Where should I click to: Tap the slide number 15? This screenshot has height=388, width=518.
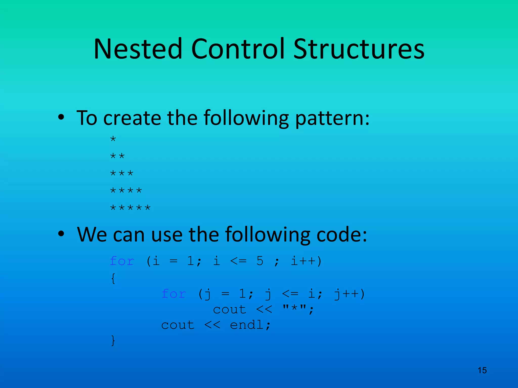point(482,370)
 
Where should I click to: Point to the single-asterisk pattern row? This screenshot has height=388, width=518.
point(113,139)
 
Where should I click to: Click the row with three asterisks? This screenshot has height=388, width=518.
point(122,174)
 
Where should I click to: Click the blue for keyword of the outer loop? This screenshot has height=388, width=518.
point(122,261)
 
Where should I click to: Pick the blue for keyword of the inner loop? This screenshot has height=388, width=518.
point(174,294)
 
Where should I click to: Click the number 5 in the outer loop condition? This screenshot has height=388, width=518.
point(260,261)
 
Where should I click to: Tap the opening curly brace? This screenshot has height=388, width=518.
point(113,278)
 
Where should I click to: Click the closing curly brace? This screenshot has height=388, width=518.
point(113,341)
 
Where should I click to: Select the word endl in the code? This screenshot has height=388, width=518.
point(247,325)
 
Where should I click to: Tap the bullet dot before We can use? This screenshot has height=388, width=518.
point(61,234)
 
